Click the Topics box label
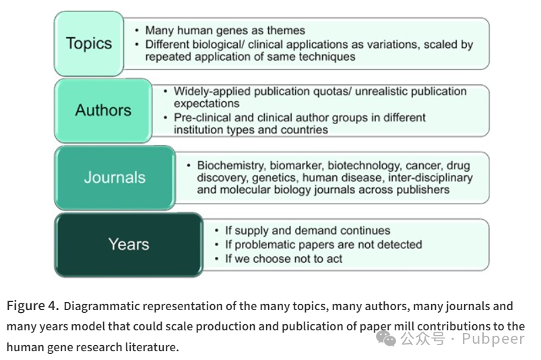89,44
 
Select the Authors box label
103,110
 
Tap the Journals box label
115,177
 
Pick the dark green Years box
129,244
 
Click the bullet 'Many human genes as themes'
225,30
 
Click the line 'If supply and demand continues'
307,231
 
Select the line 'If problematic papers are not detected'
323,244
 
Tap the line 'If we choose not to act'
283,258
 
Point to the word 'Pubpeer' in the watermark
494,338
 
